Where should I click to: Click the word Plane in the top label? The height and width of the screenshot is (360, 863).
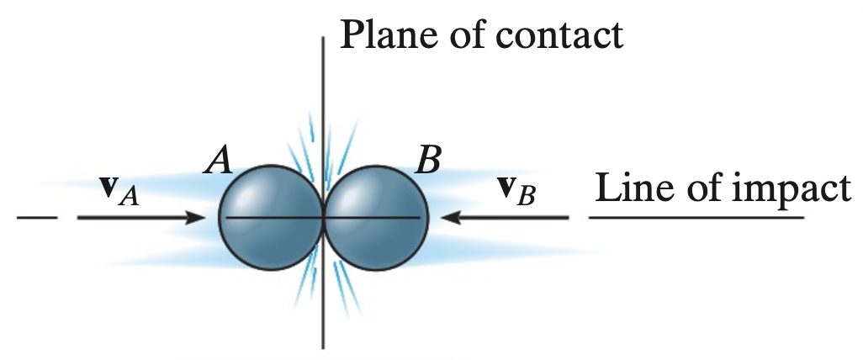coord(389,34)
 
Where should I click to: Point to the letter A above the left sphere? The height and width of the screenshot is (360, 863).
coord(218,160)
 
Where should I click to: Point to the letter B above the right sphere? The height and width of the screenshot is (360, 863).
coord(428,160)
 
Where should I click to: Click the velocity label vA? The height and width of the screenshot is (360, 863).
coord(119,191)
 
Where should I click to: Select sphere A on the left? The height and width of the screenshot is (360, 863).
coord(270,218)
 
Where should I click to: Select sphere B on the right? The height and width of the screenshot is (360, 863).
coord(376,218)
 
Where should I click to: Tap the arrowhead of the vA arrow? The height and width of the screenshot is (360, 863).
coord(196,218)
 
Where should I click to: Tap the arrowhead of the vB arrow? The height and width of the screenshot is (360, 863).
coord(452,218)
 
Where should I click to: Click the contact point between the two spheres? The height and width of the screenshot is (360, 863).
coord(323,218)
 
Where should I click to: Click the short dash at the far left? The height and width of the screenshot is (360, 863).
coord(37,218)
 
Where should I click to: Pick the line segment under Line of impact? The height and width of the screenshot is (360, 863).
coord(696,218)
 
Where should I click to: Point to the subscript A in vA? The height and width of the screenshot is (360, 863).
coord(130,198)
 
